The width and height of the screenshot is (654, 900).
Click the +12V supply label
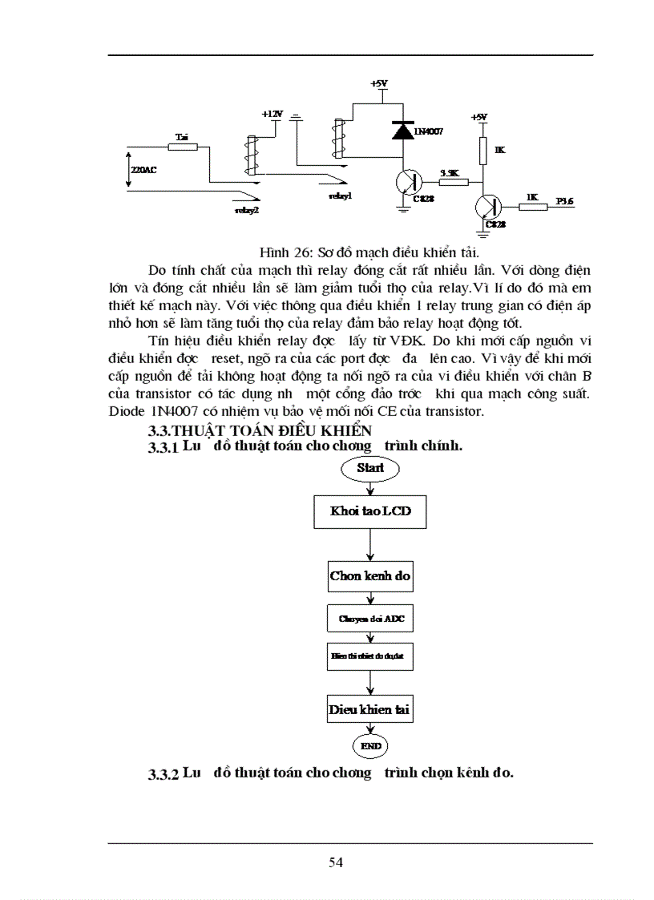[x=272, y=115]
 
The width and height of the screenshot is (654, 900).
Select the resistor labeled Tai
[x=182, y=147]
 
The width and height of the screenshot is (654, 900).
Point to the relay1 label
[x=340, y=195]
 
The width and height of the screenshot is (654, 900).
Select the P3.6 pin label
[x=565, y=201]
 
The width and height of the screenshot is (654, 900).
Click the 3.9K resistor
[x=453, y=183]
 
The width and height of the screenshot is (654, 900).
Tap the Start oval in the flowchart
[x=369, y=468]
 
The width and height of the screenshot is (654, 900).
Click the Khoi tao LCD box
[x=369, y=511]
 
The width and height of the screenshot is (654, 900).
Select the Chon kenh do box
[x=369, y=575]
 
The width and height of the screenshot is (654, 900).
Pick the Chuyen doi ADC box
[x=369, y=619]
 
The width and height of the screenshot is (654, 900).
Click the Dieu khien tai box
[x=369, y=709]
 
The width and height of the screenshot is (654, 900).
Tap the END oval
[x=369, y=745]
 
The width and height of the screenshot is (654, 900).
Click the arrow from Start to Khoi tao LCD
[x=369, y=487]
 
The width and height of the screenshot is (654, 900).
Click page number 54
[x=336, y=862]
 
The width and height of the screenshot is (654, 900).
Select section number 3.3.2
[x=163, y=775]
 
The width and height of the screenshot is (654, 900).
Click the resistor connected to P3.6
[x=531, y=207]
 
